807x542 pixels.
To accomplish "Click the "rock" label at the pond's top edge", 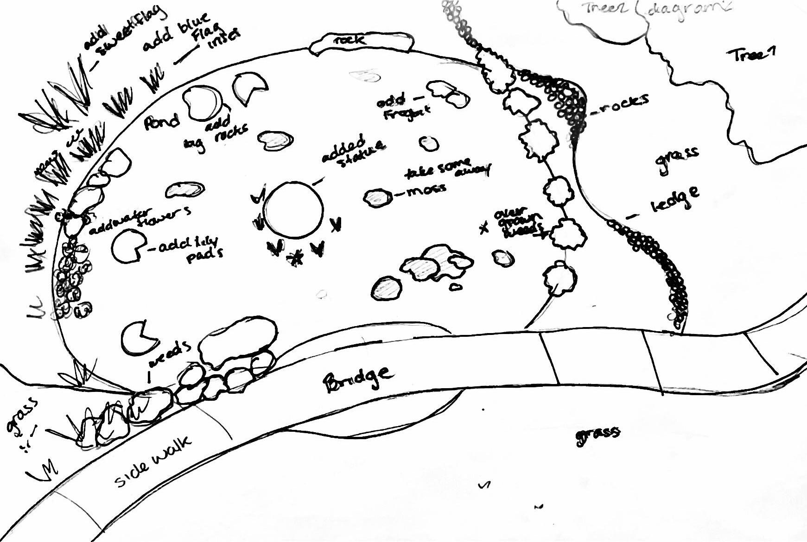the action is [349, 41].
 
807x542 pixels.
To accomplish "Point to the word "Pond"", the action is [161, 122].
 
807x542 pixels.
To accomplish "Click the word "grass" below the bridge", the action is [597, 435].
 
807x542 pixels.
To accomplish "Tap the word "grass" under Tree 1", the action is [677, 159].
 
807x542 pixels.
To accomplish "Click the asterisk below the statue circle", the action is [295, 258].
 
